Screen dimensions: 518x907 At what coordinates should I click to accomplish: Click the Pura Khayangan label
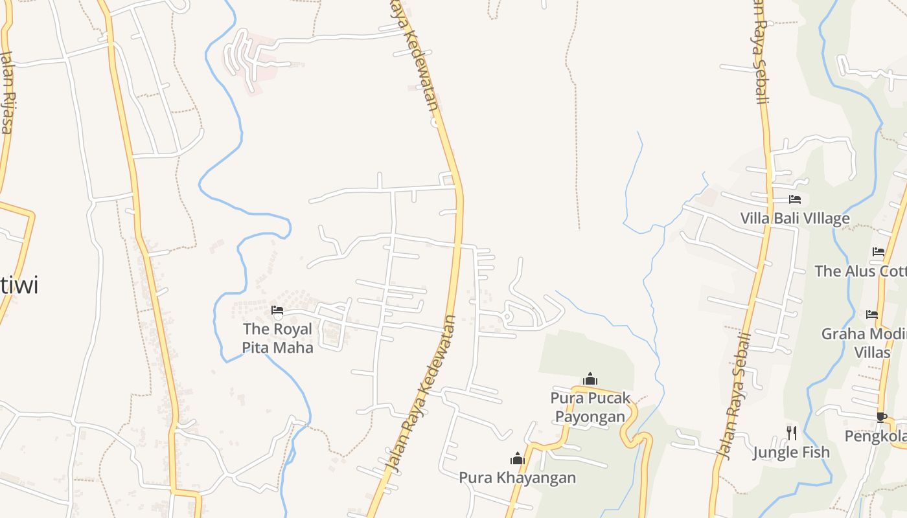click(517, 478)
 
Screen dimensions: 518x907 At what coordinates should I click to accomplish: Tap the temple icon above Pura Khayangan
click(517, 459)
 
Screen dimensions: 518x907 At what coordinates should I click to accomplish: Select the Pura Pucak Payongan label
click(590, 407)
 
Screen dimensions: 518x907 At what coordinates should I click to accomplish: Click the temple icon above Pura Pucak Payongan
click(590, 379)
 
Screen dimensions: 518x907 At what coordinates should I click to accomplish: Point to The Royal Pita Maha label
click(277, 338)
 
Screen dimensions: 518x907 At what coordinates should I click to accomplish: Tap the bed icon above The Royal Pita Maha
click(277, 310)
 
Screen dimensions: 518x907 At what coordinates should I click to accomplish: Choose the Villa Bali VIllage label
click(795, 218)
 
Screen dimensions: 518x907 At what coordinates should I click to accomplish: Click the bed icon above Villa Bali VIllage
click(795, 199)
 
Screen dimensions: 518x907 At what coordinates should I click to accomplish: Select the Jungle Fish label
click(791, 452)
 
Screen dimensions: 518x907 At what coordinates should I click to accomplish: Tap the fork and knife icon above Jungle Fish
click(791, 433)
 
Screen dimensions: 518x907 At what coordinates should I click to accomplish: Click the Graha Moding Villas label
click(864, 343)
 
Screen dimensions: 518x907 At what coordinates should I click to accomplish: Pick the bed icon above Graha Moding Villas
click(872, 315)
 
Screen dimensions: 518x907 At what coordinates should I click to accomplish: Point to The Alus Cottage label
click(860, 271)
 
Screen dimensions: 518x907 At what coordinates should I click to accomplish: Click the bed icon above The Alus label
click(878, 252)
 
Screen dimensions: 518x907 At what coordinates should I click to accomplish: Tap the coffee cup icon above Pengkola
click(881, 417)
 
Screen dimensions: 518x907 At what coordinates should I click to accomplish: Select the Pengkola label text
click(875, 436)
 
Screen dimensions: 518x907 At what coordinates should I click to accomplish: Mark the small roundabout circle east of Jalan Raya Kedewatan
click(507, 317)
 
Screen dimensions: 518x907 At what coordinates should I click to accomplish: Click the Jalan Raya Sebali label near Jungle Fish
click(733, 396)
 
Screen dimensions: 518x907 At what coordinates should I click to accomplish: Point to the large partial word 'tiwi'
click(19, 285)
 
